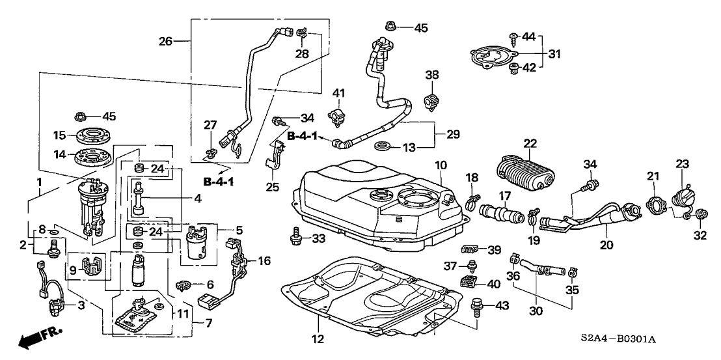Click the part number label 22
point(530,143)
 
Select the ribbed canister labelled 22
point(526,171)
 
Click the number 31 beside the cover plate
point(553,53)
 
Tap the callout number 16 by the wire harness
point(263,260)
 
